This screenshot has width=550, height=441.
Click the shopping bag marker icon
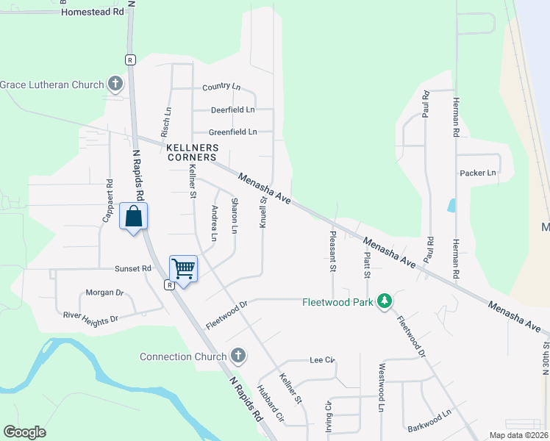click(x=133, y=217)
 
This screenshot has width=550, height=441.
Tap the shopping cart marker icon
click(x=183, y=269)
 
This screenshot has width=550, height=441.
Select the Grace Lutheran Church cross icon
click(x=115, y=85)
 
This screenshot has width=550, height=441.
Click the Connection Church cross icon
click(x=237, y=356)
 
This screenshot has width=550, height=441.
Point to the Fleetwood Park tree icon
click(x=383, y=301)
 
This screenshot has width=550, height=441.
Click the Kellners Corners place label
click(x=191, y=152)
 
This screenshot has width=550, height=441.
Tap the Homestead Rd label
click(x=93, y=12)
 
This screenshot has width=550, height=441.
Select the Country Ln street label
click(x=221, y=87)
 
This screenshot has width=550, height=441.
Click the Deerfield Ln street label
click(x=232, y=110)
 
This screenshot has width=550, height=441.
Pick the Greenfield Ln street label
click(x=232, y=132)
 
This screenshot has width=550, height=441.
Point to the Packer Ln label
click(x=477, y=173)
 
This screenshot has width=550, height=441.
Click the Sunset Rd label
click(x=132, y=269)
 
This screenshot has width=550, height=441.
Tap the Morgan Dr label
click(x=104, y=293)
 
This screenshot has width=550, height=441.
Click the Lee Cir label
click(x=323, y=360)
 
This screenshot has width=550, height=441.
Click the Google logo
click(x=24, y=432)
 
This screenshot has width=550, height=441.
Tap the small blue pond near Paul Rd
click(x=451, y=205)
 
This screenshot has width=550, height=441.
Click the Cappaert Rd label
click(x=107, y=202)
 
